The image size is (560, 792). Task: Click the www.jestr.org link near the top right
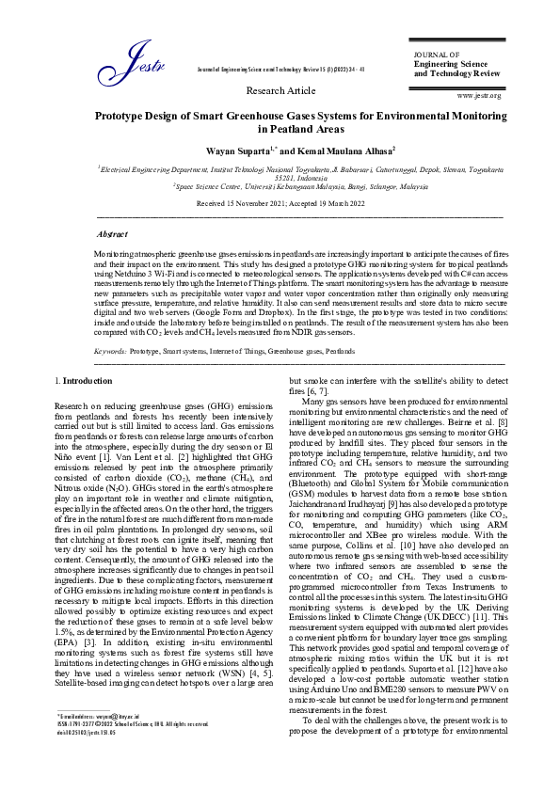coord(478,96)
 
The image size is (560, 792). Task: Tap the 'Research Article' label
coord(280,90)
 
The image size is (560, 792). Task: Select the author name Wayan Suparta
coord(237,150)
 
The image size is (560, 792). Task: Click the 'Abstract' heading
coord(113,231)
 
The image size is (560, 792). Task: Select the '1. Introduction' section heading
coord(85,381)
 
